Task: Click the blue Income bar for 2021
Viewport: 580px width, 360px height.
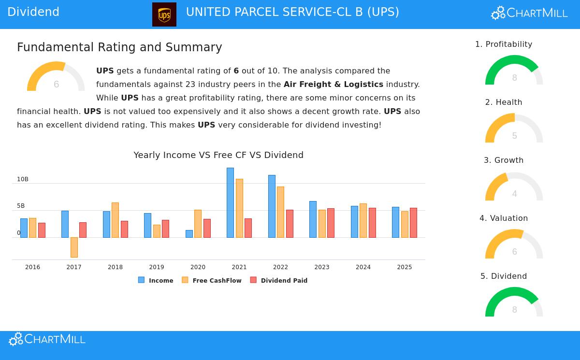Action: pyautogui.click(x=230, y=202)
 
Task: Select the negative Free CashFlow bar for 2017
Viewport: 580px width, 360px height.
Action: pyautogui.click(x=74, y=247)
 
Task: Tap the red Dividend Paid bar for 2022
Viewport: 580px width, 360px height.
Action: pyautogui.click(x=290, y=224)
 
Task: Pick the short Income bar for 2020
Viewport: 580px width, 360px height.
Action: pyautogui.click(x=189, y=234)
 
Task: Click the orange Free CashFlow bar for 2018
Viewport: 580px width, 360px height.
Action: pyautogui.click(x=115, y=220)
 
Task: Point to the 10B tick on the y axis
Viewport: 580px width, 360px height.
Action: pyautogui.click(x=23, y=179)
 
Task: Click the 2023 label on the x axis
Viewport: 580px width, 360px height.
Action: pyautogui.click(x=321, y=267)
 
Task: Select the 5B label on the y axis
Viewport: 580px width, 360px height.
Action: pyautogui.click(x=21, y=206)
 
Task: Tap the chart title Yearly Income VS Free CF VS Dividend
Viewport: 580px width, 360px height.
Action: pyautogui.click(x=218, y=155)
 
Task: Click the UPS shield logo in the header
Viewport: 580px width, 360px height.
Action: pyautogui.click(x=164, y=14)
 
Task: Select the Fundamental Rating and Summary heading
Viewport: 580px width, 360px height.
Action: pyautogui.click(x=119, y=47)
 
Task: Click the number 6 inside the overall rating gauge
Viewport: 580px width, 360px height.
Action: pyautogui.click(x=56, y=85)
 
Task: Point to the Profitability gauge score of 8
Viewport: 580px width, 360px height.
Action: pyautogui.click(x=514, y=78)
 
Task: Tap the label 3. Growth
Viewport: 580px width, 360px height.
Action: pyautogui.click(x=504, y=160)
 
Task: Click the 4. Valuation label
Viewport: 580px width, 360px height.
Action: pyautogui.click(x=504, y=218)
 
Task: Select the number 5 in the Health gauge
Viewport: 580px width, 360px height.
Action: pyautogui.click(x=514, y=136)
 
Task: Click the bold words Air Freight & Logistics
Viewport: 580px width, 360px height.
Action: pyautogui.click(x=333, y=84)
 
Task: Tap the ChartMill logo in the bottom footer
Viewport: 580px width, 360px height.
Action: pyautogui.click(x=47, y=339)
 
